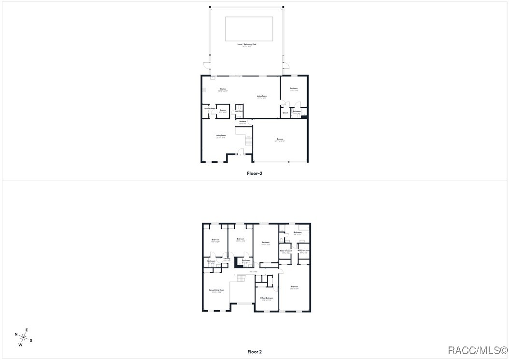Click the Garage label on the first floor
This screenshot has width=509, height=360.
pos(280,139)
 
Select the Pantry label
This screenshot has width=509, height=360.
pos(223,110)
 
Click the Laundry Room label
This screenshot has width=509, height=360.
pos(209,108)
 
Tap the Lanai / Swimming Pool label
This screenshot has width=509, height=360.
pos(247,44)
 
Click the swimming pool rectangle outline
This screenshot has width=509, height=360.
pos(249,29)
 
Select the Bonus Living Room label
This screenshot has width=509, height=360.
pos(216,290)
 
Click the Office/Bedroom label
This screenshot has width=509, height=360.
pos(267,298)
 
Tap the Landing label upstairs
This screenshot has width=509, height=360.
pos(226,259)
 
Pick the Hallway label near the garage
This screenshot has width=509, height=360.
pos(242,121)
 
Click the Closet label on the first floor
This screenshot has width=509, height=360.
pos(285,113)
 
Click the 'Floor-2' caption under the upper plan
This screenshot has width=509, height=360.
pos(254,173)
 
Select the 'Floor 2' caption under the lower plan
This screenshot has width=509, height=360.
pos(254,352)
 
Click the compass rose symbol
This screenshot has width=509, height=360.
pos(23,337)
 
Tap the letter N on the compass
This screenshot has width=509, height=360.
pos(16,334)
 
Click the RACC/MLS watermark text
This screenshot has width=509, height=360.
pos(478,350)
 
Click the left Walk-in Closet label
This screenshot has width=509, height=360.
pos(286,251)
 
